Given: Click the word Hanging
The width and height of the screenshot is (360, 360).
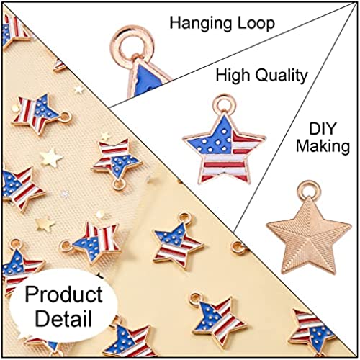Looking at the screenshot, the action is coord(199,24).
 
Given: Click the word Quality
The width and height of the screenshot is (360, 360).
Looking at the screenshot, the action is coord(282,76).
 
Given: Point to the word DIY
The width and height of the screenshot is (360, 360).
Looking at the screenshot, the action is coord(323,129).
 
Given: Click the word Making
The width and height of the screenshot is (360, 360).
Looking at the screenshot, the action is coord(323,146).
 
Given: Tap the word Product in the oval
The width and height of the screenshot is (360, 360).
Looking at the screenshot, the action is coord(64,294).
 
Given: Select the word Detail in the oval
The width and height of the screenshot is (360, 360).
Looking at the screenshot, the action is coord(63,318).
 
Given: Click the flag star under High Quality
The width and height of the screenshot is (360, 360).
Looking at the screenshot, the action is coord(225,149).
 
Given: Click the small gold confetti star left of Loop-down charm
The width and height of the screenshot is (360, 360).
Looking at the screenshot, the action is coord(51,158).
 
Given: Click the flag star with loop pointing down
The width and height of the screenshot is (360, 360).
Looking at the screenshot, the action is coord(117,160).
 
